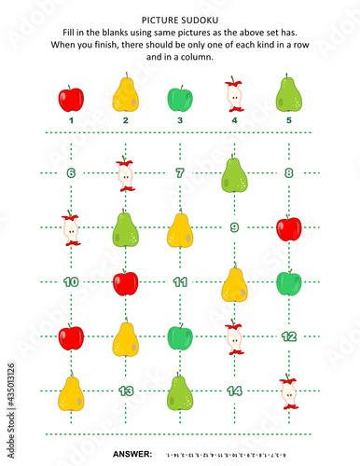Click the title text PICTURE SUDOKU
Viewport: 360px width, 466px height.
point(180,19)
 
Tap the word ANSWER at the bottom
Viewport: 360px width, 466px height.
point(132,453)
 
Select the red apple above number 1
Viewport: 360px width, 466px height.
point(71,98)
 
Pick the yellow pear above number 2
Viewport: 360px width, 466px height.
point(125,94)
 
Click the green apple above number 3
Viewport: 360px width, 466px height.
point(179,98)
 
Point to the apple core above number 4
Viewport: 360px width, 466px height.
point(233,95)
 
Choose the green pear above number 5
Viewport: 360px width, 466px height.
point(288,94)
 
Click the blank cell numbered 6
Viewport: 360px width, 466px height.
point(71,173)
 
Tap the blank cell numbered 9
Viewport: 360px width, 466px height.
point(234,227)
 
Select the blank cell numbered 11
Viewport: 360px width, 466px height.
point(180,281)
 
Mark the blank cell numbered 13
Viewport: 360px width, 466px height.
point(126,391)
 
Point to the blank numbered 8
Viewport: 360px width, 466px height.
point(289,173)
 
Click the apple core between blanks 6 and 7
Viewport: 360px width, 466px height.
point(125,174)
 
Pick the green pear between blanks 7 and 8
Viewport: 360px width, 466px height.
point(234,174)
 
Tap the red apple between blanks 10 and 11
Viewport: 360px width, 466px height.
point(126,282)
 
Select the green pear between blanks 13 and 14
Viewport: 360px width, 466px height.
point(180,391)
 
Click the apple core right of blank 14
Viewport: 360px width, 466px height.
point(289,392)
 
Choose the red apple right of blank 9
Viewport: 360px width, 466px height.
point(289,228)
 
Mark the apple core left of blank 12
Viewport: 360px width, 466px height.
point(234,337)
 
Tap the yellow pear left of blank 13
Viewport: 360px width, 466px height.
point(71,391)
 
